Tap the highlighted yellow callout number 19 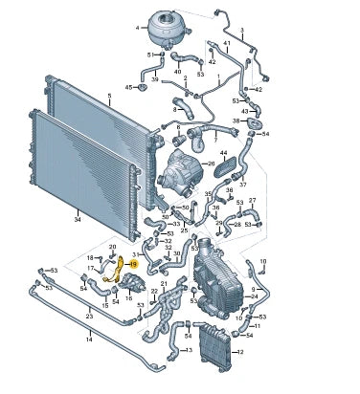coord(134,263)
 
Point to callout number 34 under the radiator coord(76,219)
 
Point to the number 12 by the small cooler coord(239,352)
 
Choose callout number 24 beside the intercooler coord(254,295)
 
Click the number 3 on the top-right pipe coord(241,31)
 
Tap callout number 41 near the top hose coord(226,44)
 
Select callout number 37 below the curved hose coord(242,184)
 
